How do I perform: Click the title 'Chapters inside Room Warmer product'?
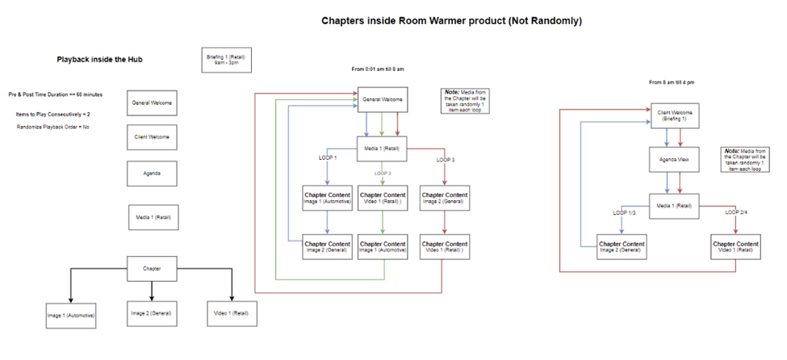451,20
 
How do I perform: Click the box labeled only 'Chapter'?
152,269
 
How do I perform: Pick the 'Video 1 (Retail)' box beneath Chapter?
232,312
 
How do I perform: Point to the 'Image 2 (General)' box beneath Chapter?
152,312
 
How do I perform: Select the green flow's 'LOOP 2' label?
383,173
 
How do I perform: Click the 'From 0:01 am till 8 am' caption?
378,69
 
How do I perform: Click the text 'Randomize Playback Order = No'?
53,128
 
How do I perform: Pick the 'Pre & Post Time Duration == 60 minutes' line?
56,94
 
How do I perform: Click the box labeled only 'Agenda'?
152,174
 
